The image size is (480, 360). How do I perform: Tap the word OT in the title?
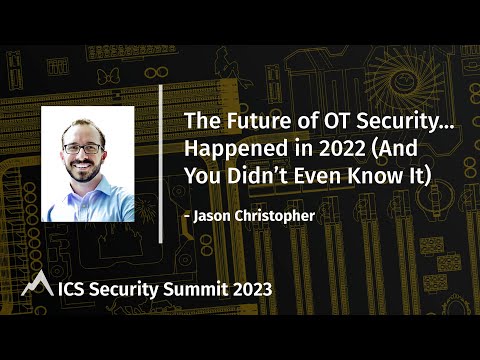click(x=310, y=121)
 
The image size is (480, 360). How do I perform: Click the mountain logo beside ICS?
click(x=36, y=286)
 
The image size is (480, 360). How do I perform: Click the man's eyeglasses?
click(x=83, y=149)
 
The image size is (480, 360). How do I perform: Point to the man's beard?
click(x=84, y=172)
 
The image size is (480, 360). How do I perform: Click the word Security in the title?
click(x=367, y=121)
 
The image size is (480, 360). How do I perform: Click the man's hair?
click(x=82, y=124)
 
